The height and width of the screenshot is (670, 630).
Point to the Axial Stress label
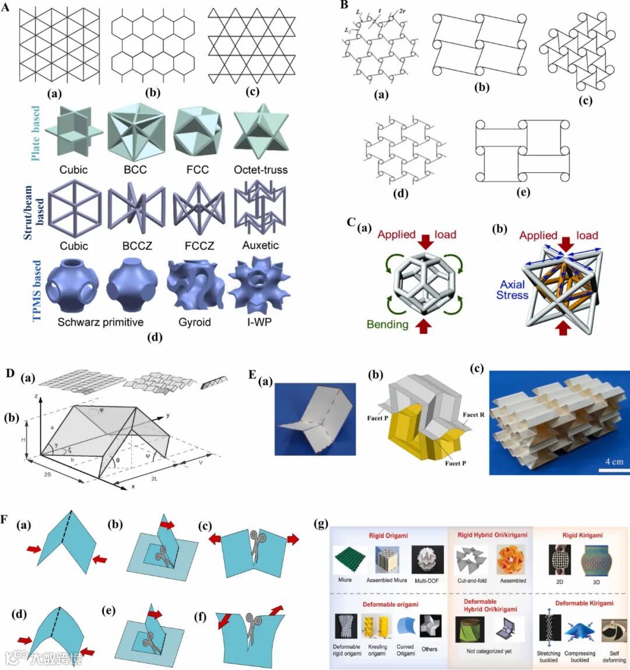point(512,289)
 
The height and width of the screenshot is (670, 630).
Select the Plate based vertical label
point(36,134)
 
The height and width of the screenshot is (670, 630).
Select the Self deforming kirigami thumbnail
point(614,631)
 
